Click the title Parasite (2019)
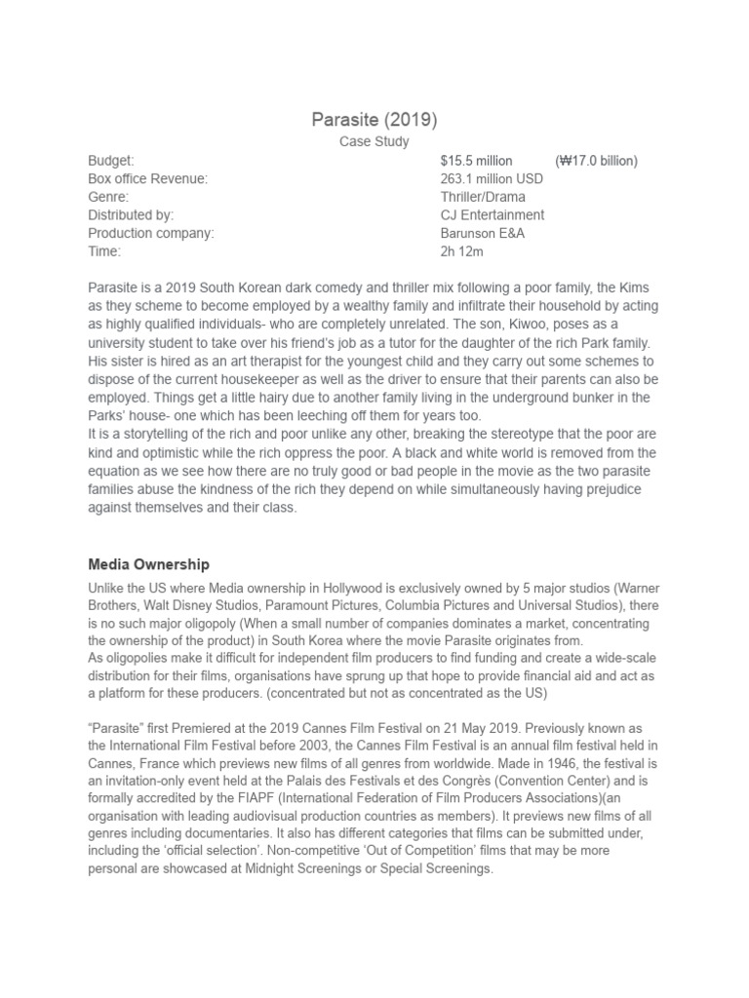click(374, 120)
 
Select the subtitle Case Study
click(374, 142)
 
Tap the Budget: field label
click(111, 161)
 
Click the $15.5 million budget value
click(478, 161)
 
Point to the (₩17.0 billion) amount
click(596, 161)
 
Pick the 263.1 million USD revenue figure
click(492, 179)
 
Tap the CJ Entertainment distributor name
click(493, 215)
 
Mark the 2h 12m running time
click(462, 251)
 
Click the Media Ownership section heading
click(148, 564)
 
